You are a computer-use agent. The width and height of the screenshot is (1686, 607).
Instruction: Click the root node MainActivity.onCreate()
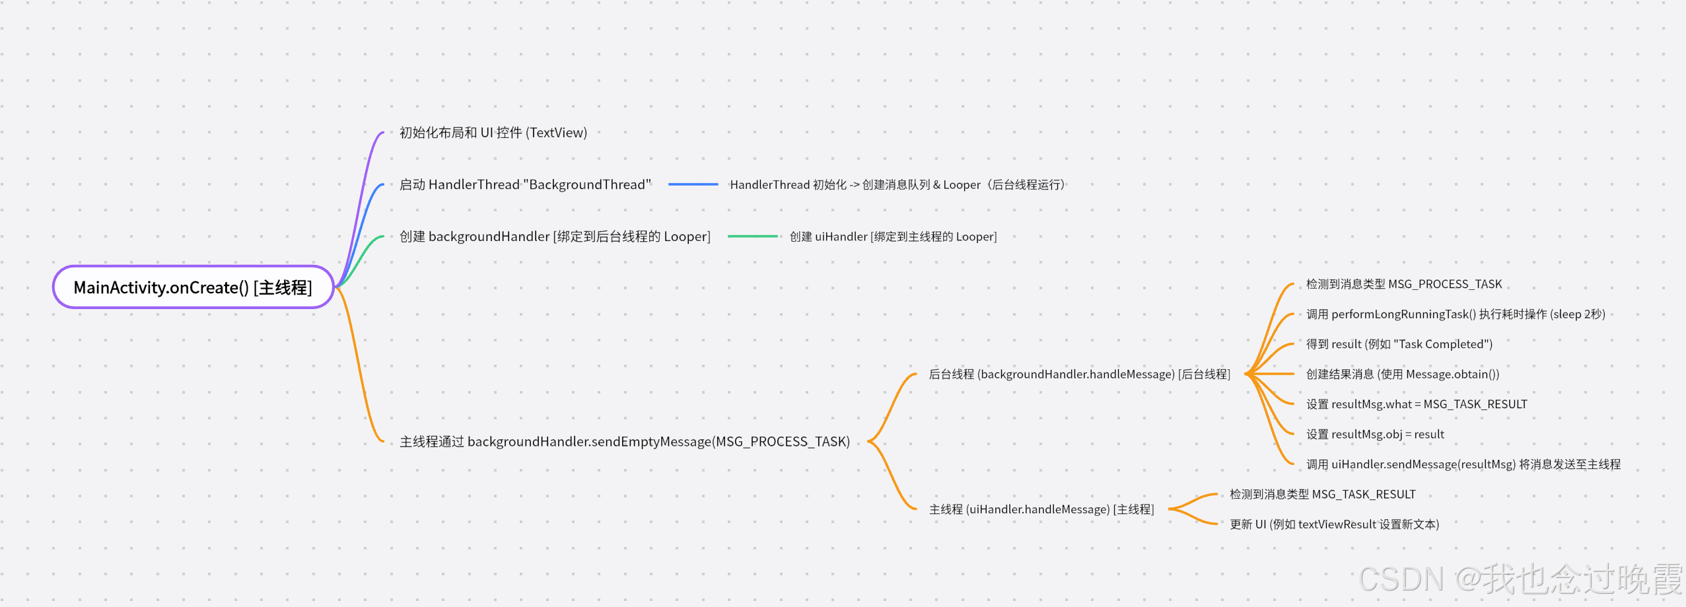193,287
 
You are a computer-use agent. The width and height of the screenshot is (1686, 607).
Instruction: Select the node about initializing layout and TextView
493,133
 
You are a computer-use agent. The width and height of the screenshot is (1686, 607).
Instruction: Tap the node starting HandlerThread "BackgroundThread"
525,185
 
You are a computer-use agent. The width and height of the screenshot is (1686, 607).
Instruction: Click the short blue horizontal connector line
693,185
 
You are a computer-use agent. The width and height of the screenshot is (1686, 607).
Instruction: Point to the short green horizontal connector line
752,236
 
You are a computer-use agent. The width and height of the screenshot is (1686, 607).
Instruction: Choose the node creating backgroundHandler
555,236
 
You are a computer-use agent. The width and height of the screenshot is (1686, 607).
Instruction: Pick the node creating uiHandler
893,236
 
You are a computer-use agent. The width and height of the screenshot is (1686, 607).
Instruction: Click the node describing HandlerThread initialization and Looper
897,185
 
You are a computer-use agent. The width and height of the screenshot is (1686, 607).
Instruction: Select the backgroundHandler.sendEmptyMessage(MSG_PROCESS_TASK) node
625,441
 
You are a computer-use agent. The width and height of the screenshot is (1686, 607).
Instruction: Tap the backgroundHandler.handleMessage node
1079,375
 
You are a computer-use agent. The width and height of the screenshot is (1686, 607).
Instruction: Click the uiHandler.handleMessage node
1041,509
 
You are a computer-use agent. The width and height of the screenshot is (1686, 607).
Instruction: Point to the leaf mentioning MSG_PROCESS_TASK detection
1403,284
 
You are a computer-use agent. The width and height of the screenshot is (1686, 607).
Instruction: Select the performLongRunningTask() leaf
1455,314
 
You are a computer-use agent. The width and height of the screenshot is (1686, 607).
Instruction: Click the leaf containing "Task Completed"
1399,344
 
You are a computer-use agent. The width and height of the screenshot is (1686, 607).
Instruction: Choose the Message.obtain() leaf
1402,375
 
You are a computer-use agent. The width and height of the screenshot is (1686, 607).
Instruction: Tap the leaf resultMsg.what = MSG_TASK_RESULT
1416,404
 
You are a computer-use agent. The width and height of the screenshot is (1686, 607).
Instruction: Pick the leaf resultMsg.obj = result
1375,435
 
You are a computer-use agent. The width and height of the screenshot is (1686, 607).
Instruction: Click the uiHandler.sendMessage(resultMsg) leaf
1463,464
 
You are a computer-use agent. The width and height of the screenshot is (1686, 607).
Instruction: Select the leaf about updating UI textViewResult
1334,524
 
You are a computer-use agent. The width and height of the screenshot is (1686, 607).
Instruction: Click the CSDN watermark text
1520,579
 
